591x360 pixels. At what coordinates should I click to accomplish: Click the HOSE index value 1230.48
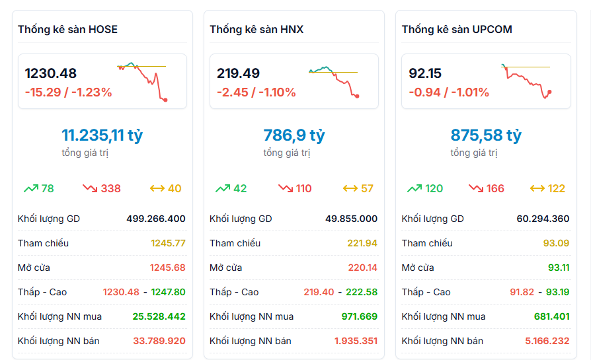coord(51,73)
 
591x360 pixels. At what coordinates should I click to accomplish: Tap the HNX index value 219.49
coord(238,73)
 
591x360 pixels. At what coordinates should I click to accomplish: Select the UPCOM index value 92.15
coord(425,73)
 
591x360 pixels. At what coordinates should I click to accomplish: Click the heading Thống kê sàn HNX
coord(256,29)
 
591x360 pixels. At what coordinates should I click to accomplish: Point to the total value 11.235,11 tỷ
coord(102,135)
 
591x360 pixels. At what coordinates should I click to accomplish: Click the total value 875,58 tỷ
coord(486,135)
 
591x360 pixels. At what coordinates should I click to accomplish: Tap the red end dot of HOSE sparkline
coord(165,100)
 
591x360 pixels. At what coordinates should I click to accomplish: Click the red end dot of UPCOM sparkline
coord(550,92)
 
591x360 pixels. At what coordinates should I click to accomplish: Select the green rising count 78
coord(48,188)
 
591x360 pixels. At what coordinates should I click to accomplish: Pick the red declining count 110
coord(304,188)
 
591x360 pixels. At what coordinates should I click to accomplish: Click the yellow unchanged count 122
coord(557,188)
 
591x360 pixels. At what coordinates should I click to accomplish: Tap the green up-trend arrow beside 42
coord(223,188)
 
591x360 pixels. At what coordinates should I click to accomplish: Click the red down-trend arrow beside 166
coord(476,188)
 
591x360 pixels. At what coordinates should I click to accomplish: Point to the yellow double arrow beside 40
coord(157,188)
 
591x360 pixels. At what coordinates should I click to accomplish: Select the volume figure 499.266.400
coord(156,219)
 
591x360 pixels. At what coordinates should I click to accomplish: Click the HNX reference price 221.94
coord(362,243)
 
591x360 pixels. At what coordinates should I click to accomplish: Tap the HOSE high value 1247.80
coord(169,292)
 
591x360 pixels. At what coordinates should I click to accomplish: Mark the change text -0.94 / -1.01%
coord(449,92)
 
